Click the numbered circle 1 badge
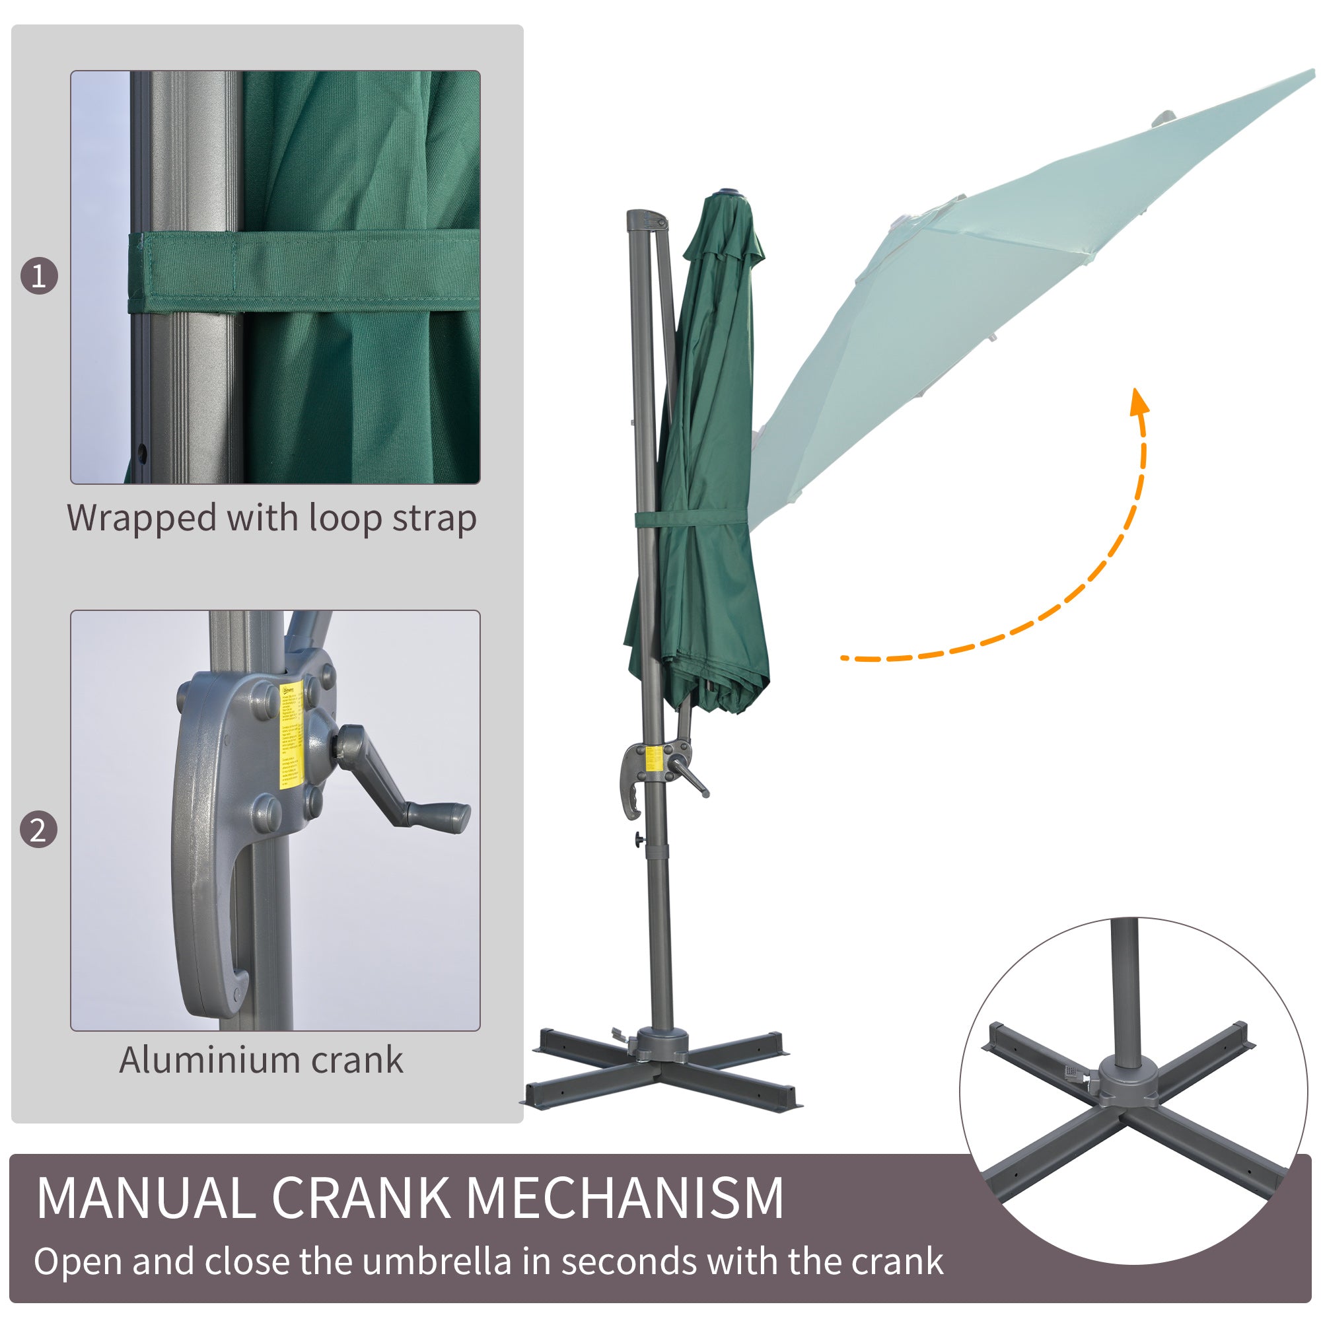coord(39,275)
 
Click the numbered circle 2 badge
coord(38,830)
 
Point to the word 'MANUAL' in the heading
coord(145,1199)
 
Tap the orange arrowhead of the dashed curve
coord(1139,403)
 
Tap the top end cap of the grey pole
coord(647,219)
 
